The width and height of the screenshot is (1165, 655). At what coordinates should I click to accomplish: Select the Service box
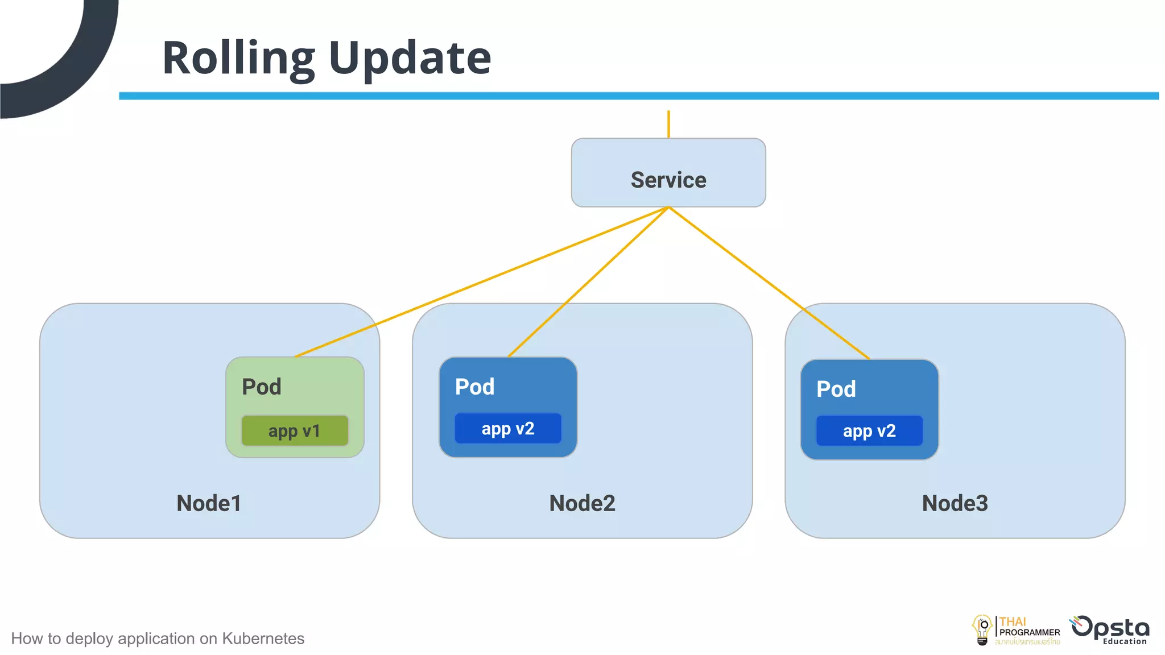668,173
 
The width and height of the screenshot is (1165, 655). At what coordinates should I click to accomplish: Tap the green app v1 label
295,431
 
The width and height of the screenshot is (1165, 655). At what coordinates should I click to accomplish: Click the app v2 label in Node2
507,429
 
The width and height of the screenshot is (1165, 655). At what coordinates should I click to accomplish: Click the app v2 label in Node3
869,431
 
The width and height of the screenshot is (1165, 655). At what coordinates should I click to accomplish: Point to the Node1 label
209,503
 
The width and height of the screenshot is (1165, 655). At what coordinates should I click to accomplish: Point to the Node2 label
582,503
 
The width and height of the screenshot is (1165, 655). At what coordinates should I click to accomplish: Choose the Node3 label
955,503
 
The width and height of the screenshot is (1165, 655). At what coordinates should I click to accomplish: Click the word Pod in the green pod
262,387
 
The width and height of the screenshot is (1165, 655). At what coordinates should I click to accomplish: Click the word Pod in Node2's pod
474,387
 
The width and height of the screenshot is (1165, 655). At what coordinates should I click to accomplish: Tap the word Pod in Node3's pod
836,389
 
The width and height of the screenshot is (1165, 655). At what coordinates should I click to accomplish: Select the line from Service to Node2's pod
588,282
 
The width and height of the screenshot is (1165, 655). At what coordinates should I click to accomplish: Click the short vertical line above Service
668,124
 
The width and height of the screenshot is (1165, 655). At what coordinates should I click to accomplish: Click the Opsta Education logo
1110,630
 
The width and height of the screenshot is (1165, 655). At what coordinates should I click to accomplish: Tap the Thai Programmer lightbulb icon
982,630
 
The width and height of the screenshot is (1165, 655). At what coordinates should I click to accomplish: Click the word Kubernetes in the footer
263,639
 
